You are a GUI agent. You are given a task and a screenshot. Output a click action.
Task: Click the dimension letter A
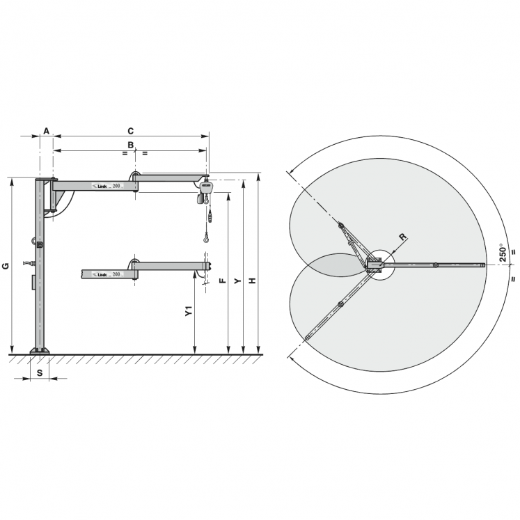tap(46, 131)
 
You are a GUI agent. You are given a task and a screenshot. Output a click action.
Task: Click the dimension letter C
tap(129, 131)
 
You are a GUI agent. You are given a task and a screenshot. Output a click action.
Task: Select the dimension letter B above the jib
tap(130, 145)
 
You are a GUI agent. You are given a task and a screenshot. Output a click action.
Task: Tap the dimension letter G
tap(5, 266)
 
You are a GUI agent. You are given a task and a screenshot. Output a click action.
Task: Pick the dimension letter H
tap(253, 281)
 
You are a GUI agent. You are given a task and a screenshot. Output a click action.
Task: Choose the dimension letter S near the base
tap(39, 373)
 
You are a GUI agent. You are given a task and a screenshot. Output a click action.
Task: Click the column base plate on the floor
tap(40, 351)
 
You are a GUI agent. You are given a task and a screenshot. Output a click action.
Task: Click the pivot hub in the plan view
tap(375, 265)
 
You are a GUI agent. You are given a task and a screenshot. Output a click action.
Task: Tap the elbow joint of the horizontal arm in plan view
tap(435, 265)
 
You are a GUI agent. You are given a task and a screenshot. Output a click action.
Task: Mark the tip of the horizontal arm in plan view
tap(482, 265)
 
